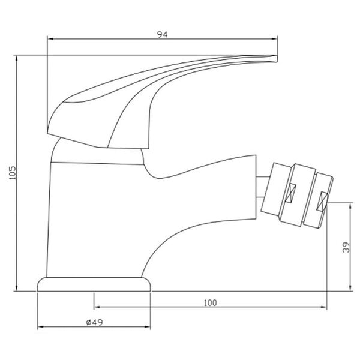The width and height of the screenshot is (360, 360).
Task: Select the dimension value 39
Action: (346, 247)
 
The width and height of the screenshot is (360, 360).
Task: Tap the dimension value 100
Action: (210, 302)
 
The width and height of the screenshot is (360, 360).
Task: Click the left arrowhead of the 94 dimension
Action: (50, 40)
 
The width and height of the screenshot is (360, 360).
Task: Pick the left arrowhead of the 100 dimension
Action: (97, 308)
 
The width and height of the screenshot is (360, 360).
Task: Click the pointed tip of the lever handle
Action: (277, 58)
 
